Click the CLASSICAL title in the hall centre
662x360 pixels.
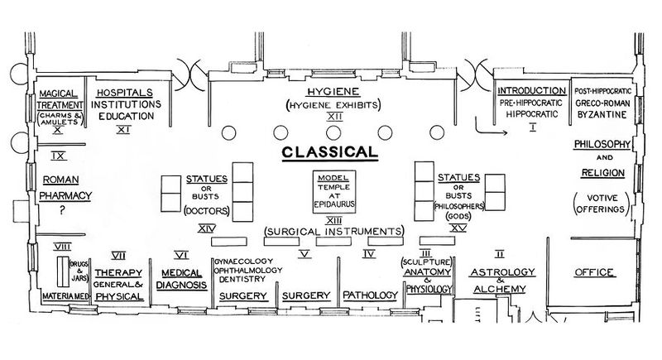pyautogui.click(x=329, y=152)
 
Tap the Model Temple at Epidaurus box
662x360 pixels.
pyautogui.click(x=334, y=192)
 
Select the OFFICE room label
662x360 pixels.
pyautogui.click(x=594, y=272)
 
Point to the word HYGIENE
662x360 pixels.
pyautogui.click(x=333, y=92)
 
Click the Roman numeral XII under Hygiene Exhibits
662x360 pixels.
pyautogui.click(x=334, y=117)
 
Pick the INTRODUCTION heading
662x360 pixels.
pyautogui.click(x=531, y=91)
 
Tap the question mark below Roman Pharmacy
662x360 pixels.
pyautogui.click(x=63, y=209)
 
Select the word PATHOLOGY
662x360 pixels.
pyautogui.click(x=370, y=295)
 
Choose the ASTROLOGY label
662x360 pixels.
pyautogui.click(x=502, y=272)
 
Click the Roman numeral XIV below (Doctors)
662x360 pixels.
pyautogui.click(x=207, y=228)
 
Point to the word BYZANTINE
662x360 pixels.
pyautogui.click(x=602, y=115)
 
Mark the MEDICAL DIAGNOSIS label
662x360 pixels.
pyautogui.click(x=181, y=279)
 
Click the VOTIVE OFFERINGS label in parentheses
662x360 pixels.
pyautogui.click(x=602, y=204)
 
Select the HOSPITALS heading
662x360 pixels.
pyautogui.click(x=125, y=93)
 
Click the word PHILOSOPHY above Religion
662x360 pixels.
pyautogui.click(x=602, y=144)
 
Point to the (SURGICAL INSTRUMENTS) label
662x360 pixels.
pyautogui.click(x=334, y=231)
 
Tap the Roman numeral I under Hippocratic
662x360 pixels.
pyautogui.click(x=532, y=127)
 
